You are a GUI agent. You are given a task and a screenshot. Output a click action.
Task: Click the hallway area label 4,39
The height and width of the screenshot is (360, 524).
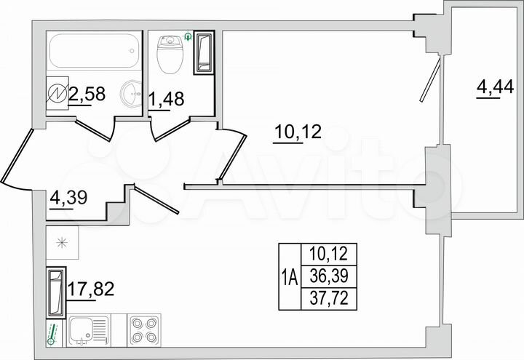(65, 196)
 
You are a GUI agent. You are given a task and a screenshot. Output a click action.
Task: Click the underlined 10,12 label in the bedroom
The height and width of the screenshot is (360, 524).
(297, 133)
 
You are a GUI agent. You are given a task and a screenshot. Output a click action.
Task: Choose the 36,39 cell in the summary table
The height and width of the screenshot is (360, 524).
(327, 276)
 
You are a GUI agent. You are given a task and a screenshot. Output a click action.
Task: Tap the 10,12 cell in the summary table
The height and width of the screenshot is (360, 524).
(327, 255)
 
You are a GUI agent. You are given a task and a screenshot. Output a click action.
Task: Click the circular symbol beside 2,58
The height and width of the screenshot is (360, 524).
(57, 92)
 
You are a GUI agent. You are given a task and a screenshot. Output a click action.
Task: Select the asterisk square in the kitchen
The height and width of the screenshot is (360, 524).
(62, 244)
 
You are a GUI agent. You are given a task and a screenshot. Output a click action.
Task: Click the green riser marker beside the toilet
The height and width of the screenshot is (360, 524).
(190, 35)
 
